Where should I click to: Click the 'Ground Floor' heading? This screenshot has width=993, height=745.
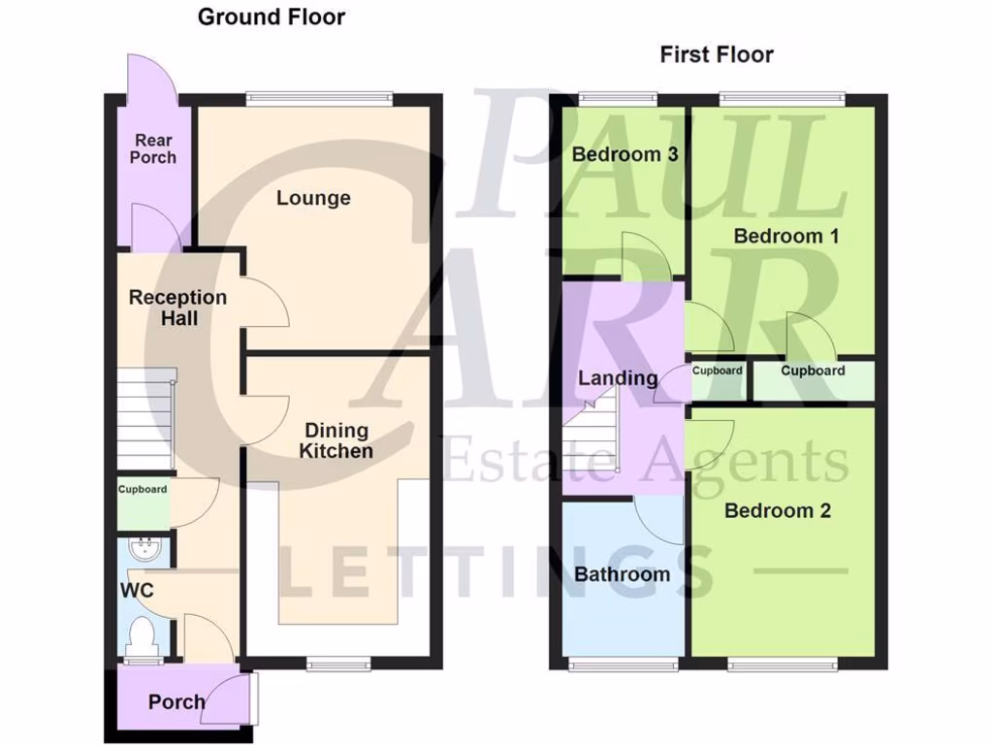click(272, 16)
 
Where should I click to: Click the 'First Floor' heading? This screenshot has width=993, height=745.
click(717, 54)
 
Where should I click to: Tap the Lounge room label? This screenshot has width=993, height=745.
click(313, 198)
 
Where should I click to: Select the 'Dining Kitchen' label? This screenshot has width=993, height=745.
click(336, 440)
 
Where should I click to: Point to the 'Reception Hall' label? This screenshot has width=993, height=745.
click(177, 308)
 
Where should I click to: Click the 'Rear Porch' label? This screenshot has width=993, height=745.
click(153, 148)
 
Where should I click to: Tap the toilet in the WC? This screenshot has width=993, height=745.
click(143, 636)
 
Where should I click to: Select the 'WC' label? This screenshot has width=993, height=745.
click(137, 590)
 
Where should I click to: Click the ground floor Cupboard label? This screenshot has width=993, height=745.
click(143, 490)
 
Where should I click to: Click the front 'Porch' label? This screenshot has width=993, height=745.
click(176, 701)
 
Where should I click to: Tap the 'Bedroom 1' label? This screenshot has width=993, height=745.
click(786, 236)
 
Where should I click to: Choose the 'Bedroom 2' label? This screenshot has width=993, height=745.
click(778, 510)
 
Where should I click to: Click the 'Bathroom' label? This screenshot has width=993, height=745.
click(622, 574)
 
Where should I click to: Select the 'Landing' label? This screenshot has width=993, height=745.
click(618, 377)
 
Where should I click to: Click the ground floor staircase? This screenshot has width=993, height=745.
click(145, 417)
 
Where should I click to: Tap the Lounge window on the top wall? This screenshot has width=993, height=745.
click(319, 97)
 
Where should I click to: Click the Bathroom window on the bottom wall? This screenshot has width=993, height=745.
click(623, 664)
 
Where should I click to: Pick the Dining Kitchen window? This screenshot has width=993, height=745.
click(338, 664)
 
